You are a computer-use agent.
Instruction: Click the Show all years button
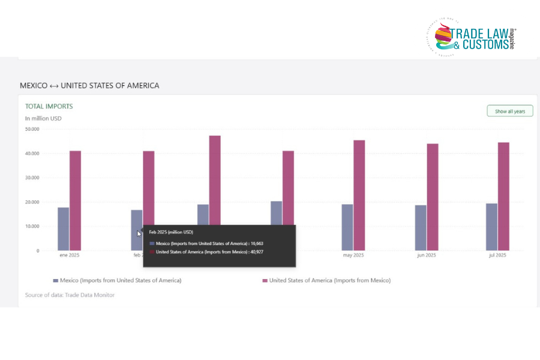(509, 111)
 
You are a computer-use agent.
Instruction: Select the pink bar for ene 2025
(75, 200)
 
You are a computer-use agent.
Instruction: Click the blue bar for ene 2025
(63, 229)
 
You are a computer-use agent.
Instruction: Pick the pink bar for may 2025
(359, 195)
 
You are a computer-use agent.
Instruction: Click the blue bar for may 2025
(347, 227)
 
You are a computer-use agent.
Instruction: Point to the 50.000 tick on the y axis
(32, 129)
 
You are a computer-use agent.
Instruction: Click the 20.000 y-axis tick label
(32, 202)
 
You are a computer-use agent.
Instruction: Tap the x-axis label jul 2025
(497, 256)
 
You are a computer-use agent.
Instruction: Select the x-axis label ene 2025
(69, 256)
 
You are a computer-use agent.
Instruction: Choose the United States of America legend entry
(326, 280)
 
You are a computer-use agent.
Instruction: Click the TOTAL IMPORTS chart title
(49, 106)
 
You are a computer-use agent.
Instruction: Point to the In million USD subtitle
(43, 118)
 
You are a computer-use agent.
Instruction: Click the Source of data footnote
(70, 295)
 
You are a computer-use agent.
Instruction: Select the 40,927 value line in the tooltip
(209, 251)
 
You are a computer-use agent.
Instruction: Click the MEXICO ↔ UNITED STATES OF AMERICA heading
(89, 85)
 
